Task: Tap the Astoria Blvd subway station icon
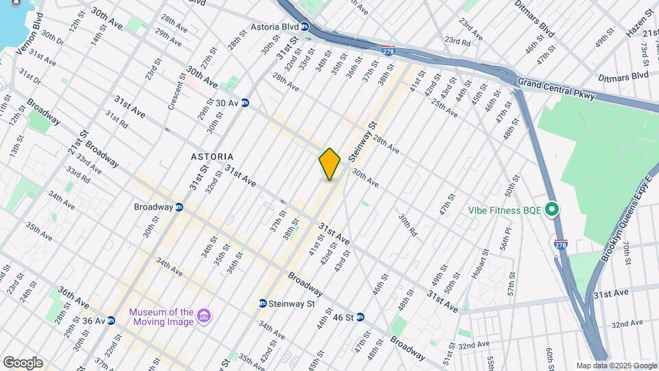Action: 305,27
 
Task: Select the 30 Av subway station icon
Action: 244,104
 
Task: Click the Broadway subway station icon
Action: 179,207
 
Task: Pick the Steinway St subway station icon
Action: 262,303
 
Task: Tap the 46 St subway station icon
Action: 360,317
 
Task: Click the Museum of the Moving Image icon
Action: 203,316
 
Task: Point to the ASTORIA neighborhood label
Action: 212,157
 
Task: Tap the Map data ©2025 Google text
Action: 616,366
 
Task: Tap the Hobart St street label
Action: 476,262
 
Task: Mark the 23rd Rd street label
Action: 456,41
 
